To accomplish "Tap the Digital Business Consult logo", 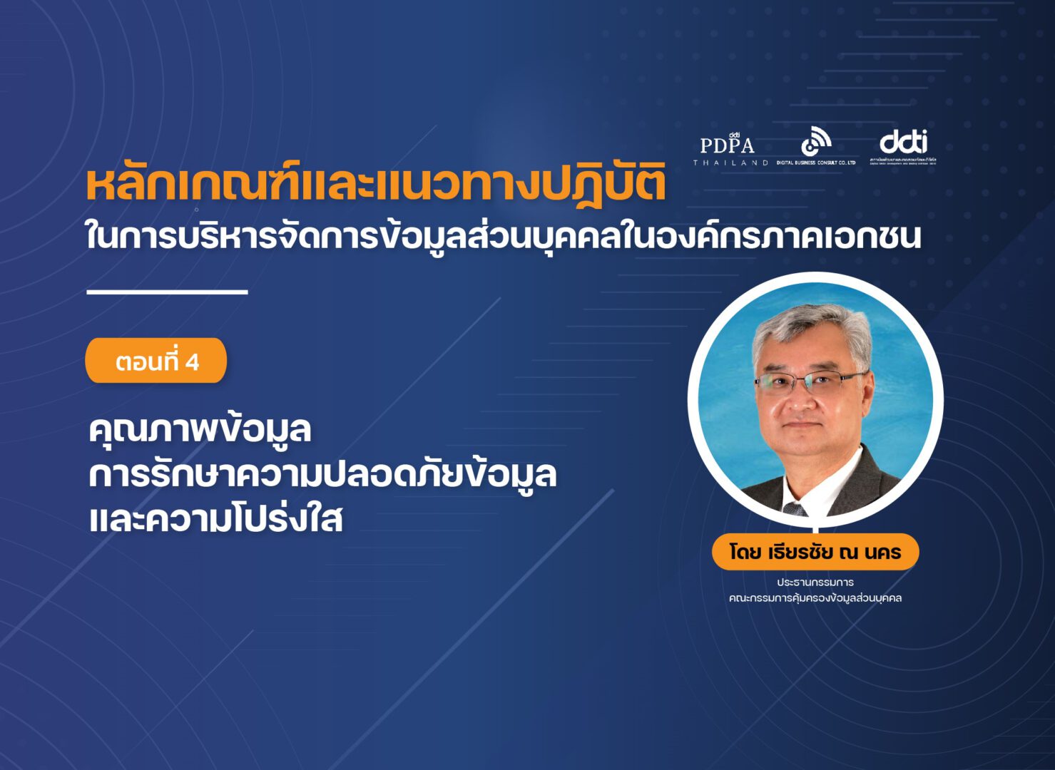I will [816, 146].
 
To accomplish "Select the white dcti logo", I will [904, 146].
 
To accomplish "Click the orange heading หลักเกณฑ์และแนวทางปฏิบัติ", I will [376, 183].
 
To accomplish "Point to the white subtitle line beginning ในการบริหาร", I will [503, 236].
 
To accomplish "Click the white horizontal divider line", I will [167, 292].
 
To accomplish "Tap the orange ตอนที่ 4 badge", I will [156, 361].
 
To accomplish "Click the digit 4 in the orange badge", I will [192, 362].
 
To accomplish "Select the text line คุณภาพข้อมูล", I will [200, 430].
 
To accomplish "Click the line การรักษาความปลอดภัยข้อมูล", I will [322, 475].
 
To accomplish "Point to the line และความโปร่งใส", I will [215, 519].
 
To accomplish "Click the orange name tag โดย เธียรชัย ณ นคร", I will [815, 552].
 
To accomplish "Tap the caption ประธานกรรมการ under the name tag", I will [815, 582].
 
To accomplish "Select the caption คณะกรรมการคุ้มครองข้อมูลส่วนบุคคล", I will [815, 598].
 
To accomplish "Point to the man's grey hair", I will [813, 328].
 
